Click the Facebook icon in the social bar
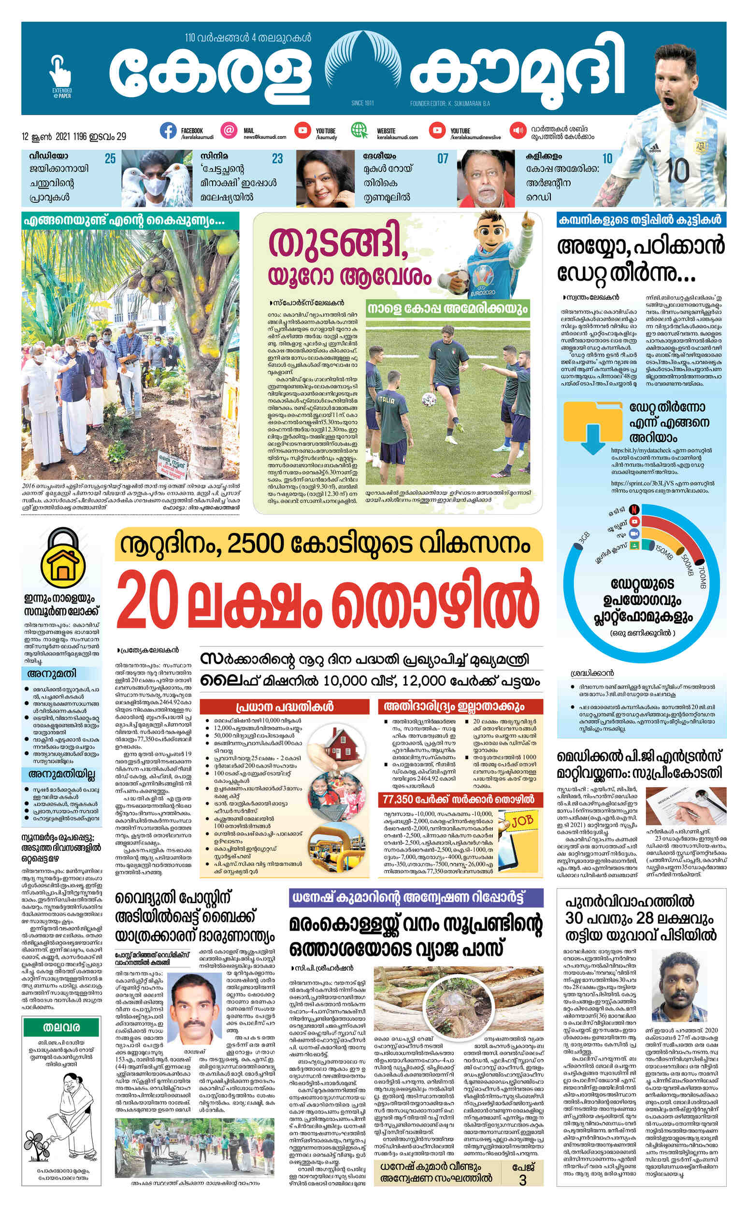click(x=168, y=130)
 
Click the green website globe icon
click(x=360, y=130)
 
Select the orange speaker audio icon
click(x=518, y=130)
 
